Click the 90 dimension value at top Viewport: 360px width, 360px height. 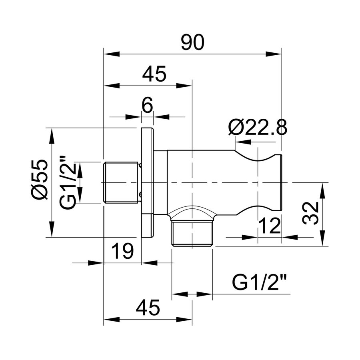(x=192, y=42)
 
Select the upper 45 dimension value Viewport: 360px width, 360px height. (x=154, y=74)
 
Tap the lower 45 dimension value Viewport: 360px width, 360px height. (x=148, y=308)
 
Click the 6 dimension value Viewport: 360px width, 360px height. (x=147, y=105)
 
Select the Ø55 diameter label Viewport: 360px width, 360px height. (x=40, y=180)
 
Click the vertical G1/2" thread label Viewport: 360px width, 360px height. (x=67, y=182)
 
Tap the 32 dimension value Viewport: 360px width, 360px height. (x=310, y=214)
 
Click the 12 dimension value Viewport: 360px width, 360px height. (x=270, y=226)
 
